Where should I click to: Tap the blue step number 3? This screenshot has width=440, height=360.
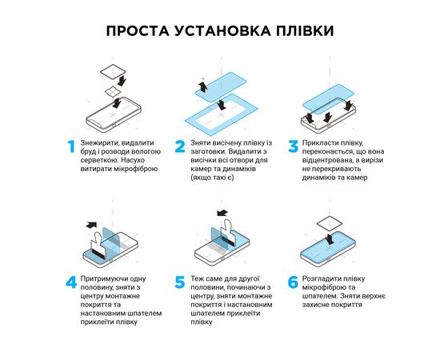290,146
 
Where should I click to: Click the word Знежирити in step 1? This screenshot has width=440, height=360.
99,143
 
